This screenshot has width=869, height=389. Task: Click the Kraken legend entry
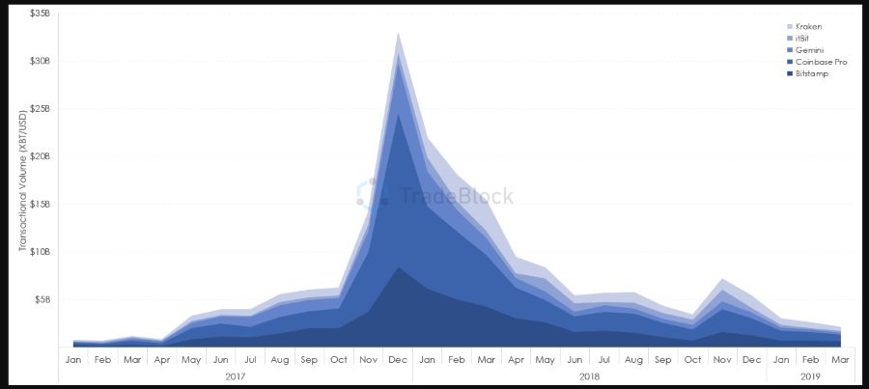810,26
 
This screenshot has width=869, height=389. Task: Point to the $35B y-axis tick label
41,14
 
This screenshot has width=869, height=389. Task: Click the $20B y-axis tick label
41,156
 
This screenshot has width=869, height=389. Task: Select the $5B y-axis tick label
43,299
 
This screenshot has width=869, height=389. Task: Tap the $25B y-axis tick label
41,109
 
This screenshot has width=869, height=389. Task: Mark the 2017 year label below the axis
235,375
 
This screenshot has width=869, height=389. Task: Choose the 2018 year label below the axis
589,375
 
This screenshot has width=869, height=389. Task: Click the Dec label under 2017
398,359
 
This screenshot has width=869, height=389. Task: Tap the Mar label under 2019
841,359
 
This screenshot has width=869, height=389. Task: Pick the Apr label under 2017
161,359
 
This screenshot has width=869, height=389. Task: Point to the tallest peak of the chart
398,33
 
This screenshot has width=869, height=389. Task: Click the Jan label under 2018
428,359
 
